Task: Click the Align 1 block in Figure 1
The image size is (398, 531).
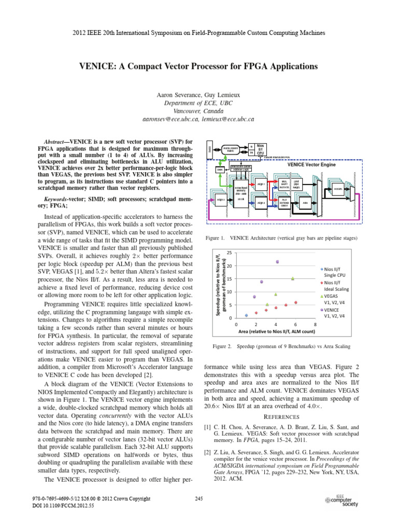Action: pos(261,184)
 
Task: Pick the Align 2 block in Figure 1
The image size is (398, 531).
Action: pos(261,203)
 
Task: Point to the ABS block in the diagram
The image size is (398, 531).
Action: pos(305,203)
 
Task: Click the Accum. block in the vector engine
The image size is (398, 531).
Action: pos(338,189)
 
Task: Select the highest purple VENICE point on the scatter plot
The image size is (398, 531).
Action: pos(277,262)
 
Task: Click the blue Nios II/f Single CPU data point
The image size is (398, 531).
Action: pos(246,315)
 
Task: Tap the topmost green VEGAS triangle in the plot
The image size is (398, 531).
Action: pos(293,278)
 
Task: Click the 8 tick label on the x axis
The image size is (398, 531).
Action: pos(315,324)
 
